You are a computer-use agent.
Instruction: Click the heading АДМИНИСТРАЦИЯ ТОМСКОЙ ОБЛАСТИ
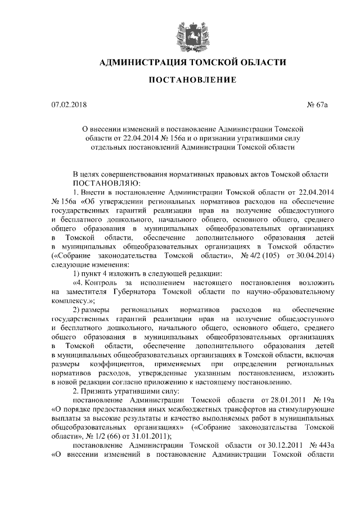[189, 61]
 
